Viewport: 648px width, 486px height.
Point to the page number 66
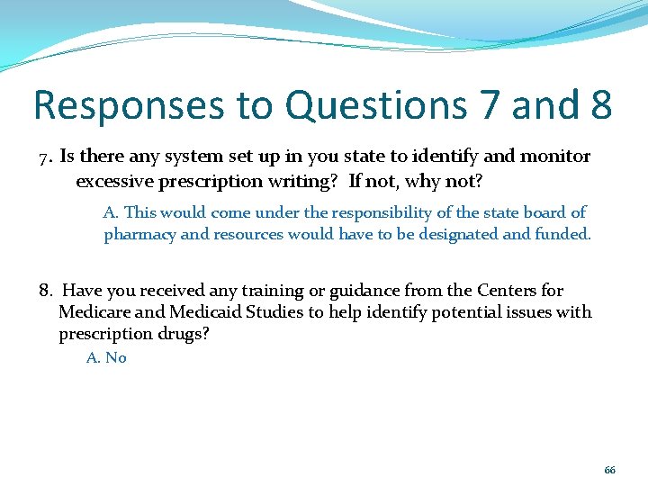pyautogui.click(x=609, y=471)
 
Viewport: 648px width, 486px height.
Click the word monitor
pyautogui.click(x=556, y=157)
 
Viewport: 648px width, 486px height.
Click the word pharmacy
pyautogui.click(x=140, y=235)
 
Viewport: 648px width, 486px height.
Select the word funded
pyautogui.click(x=563, y=235)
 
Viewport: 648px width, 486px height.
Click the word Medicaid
pyautogui.click(x=206, y=312)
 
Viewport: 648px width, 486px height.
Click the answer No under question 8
pyautogui.click(x=116, y=358)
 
